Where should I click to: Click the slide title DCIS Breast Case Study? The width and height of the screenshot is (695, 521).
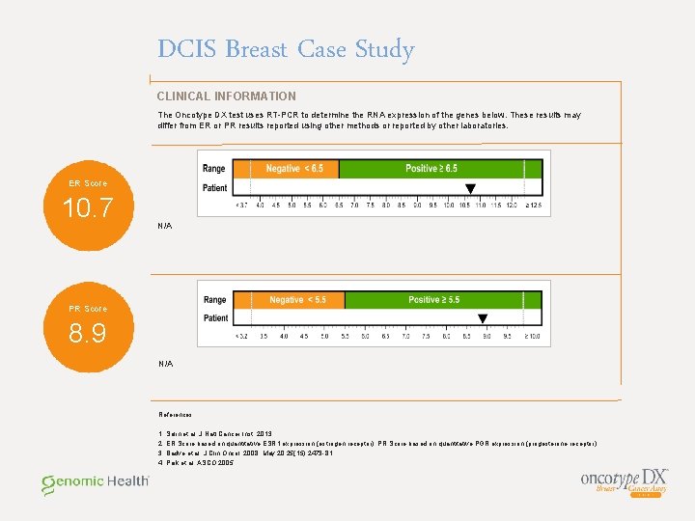pyautogui.click(x=286, y=50)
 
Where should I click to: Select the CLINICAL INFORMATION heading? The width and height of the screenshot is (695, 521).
pyautogui.click(x=227, y=96)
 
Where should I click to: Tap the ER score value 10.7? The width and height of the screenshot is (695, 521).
pyautogui.click(x=88, y=207)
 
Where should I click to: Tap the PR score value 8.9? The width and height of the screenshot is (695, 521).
pyautogui.click(x=88, y=334)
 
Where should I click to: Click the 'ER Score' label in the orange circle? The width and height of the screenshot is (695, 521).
pyautogui.click(x=88, y=183)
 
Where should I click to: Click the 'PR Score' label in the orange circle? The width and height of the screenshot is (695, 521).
pyautogui.click(x=88, y=309)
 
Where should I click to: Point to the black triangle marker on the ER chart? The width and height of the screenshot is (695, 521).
pyautogui.click(x=470, y=189)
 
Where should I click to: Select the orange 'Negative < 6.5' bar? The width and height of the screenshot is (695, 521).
pyautogui.click(x=294, y=169)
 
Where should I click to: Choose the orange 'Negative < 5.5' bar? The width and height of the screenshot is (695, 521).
pyautogui.click(x=297, y=300)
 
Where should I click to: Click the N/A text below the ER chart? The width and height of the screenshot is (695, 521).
pyautogui.click(x=165, y=226)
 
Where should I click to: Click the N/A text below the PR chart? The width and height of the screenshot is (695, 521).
pyautogui.click(x=165, y=364)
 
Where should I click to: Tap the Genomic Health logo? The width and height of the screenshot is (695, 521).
pyautogui.click(x=95, y=481)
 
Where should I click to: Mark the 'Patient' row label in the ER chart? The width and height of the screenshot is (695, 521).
pyautogui.click(x=215, y=188)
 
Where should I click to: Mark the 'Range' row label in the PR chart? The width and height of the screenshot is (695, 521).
pyautogui.click(x=215, y=300)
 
